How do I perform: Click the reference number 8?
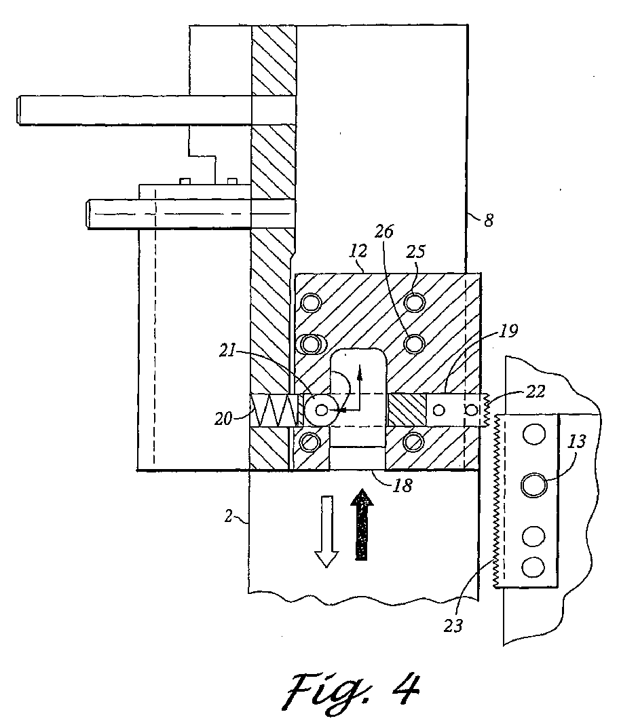pyautogui.click(x=489, y=220)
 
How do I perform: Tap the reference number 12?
pyautogui.click(x=358, y=251)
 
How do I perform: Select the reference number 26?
pyautogui.click(x=384, y=231)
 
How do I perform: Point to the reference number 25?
pyautogui.click(x=415, y=251)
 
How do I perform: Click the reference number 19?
pyautogui.click(x=508, y=331)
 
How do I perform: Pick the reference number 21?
pyautogui.click(x=227, y=351)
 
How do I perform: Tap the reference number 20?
pyautogui.click(x=223, y=419)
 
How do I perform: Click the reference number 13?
pyautogui.click(x=577, y=441)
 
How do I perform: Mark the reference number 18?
pyautogui.click(x=402, y=485)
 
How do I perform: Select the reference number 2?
pyautogui.click(x=228, y=516)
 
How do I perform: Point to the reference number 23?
pyautogui.click(x=453, y=625)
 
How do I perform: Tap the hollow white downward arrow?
pyautogui.click(x=327, y=532)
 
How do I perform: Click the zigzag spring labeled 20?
pyautogui.click(x=273, y=410)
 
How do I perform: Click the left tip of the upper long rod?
pyautogui.click(x=18, y=111)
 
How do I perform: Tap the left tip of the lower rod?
pyautogui.click(x=87, y=214)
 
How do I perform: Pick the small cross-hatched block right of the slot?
pyautogui.click(x=407, y=410)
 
